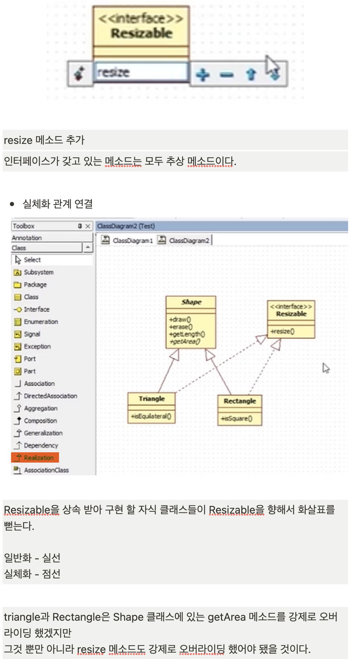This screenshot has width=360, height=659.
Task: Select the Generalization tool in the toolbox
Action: pyautogui.click(x=43, y=433)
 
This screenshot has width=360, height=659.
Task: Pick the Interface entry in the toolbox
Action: pyautogui.click(x=36, y=309)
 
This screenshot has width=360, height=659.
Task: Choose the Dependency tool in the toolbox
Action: pyautogui.click(x=41, y=445)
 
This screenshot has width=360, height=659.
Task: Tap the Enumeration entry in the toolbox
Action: pyautogui.click(x=41, y=322)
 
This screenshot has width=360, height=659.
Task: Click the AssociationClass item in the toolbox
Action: pyautogui.click(x=46, y=470)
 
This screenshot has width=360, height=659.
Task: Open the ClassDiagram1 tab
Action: pyautogui.click(x=132, y=241)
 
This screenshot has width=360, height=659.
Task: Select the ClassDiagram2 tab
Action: pyautogui.click(x=189, y=241)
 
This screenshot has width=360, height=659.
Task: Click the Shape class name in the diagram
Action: pyautogui.click(x=191, y=302)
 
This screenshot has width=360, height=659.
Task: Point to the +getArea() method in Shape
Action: pyautogui.click(x=185, y=342)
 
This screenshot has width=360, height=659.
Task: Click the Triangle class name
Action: pyautogui.click(x=151, y=399)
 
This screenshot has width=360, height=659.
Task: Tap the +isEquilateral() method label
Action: pyautogui.click(x=151, y=416)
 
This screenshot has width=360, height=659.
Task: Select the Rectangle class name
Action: pyautogui.click(x=240, y=401)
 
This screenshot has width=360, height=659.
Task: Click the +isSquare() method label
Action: pyautogui.click(x=237, y=418)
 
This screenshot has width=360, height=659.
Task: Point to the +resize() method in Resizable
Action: pyautogui.click(x=282, y=331)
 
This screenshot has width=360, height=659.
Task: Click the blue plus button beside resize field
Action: pyautogui.click(x=203, y=75)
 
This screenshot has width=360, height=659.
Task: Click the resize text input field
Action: pyautogui.click(x=141, y=72)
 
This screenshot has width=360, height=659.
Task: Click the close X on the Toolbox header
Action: pyautogui.click(x=88, y=226)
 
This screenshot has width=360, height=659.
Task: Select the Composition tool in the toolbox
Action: pyautogui.click(x=40, y=421)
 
